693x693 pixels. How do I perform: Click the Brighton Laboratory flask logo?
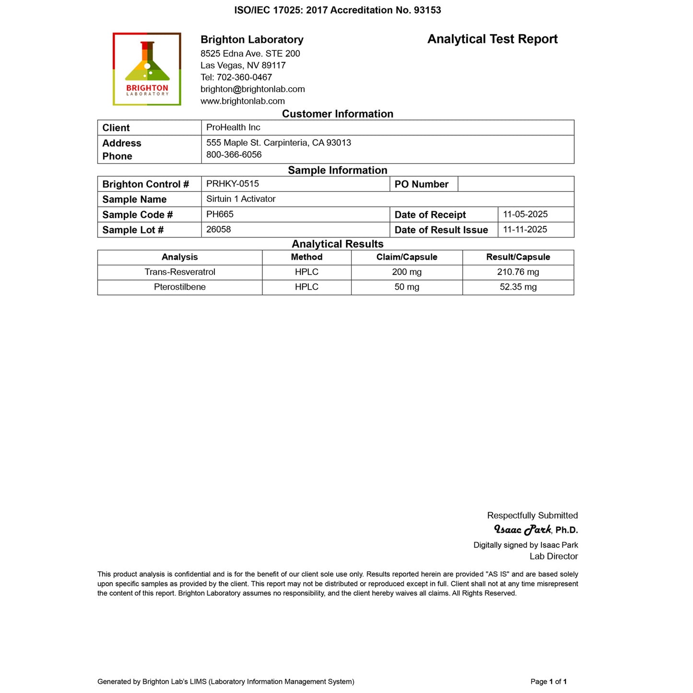pos(147,69)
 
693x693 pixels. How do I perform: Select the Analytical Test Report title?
pos(492,39)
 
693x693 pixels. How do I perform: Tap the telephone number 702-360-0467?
pos(244,77)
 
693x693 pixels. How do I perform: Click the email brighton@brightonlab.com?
pos(252,89)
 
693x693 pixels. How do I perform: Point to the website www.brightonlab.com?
pos(242,101)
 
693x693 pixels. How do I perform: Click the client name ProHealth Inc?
pos(233,128)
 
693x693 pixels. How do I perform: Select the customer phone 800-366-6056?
pos(234,155)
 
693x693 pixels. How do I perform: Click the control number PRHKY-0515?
pos(232,184)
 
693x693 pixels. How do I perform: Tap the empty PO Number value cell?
pos(516,184)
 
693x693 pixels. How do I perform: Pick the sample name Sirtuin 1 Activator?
pos(241,199)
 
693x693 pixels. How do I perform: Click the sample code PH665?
pos(220,214)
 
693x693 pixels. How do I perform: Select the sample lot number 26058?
pos(218,230)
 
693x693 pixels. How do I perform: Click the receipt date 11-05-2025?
pos(525,214)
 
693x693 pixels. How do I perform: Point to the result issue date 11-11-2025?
pos(525,230)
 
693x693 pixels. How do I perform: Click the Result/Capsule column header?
pos(518,257)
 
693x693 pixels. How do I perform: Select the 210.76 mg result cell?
pos(518,272)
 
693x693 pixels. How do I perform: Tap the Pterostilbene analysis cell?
pos(179,287)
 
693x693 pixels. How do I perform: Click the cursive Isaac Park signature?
pos(522,529)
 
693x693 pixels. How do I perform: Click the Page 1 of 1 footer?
pos(549,681)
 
